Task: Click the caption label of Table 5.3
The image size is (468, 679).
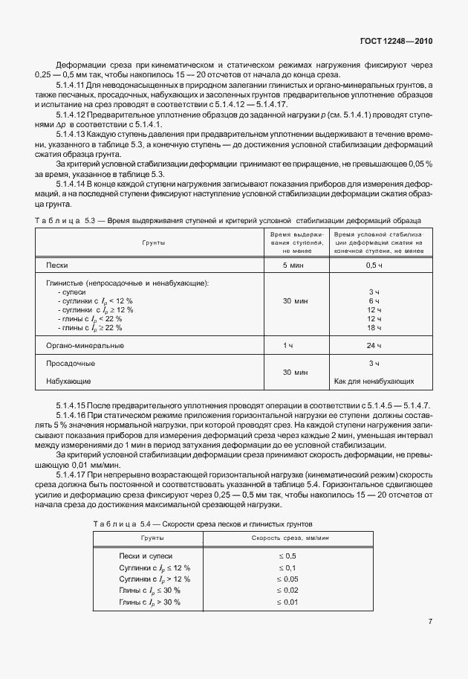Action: click(x=65, y=221)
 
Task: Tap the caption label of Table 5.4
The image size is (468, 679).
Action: click(x=123, y=524)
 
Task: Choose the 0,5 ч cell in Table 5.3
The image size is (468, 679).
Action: click(x=374, y=266)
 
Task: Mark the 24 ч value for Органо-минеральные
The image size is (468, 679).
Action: click(x=374, y=346)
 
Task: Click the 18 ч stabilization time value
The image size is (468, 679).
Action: click(x=374, y=328)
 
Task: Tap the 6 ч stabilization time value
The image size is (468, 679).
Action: click(x=374, y=301)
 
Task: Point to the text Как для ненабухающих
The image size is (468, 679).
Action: click(x=374, y=382)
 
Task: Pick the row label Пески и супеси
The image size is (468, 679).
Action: click(x=146, y=556)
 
